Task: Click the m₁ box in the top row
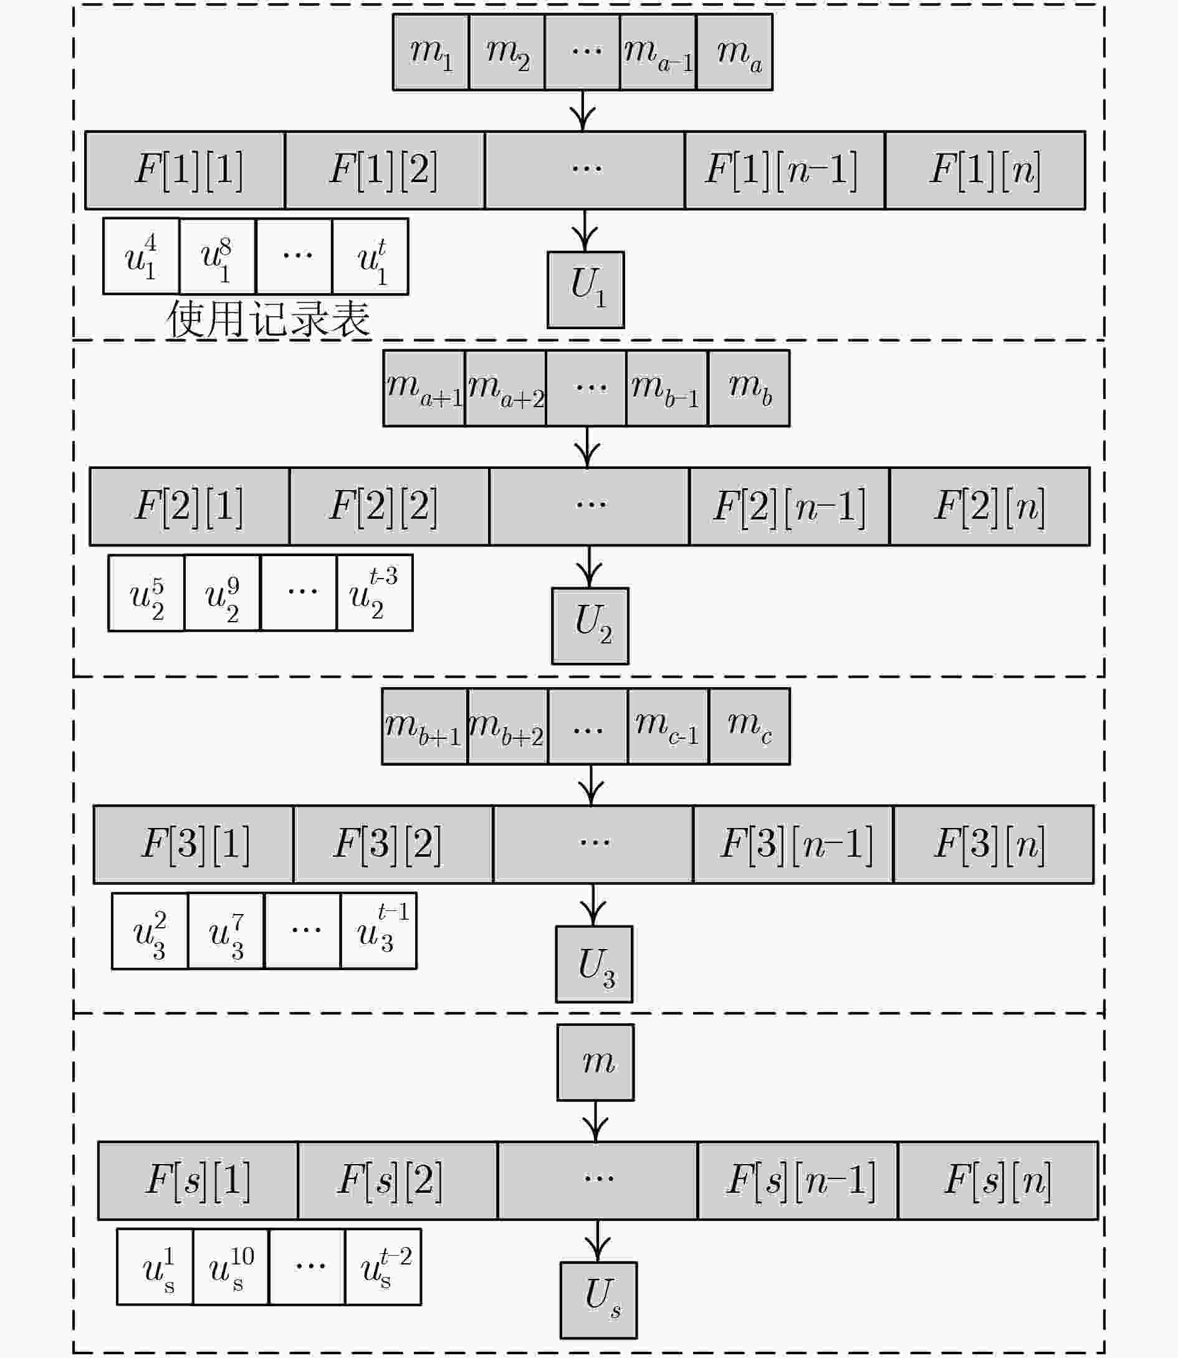(x=431, y=52)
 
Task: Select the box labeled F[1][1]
(x=185, y=170)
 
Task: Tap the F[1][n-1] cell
(x=785, y=170)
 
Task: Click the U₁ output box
(x=586, y=289)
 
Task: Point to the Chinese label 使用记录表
(x=268, y=320)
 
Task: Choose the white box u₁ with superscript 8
(x=217, y=256)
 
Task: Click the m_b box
(x=749, y=388)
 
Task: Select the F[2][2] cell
(x=389, y=506)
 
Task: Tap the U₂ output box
(x=590, y=626)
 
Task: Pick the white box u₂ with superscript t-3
(x=375, y=593)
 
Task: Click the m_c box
(x=749, y=726)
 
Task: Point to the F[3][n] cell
(x=994, y=844)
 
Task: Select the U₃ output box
(x=594, y=964)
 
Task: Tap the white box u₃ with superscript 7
(x=226, y=930)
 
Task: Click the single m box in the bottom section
(x=596, y=1062)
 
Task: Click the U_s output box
(x=599, y=1300)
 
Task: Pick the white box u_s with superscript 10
(x=231, y=1266)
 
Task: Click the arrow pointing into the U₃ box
(x=593, y=905)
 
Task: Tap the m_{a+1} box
(x=424, y=388)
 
